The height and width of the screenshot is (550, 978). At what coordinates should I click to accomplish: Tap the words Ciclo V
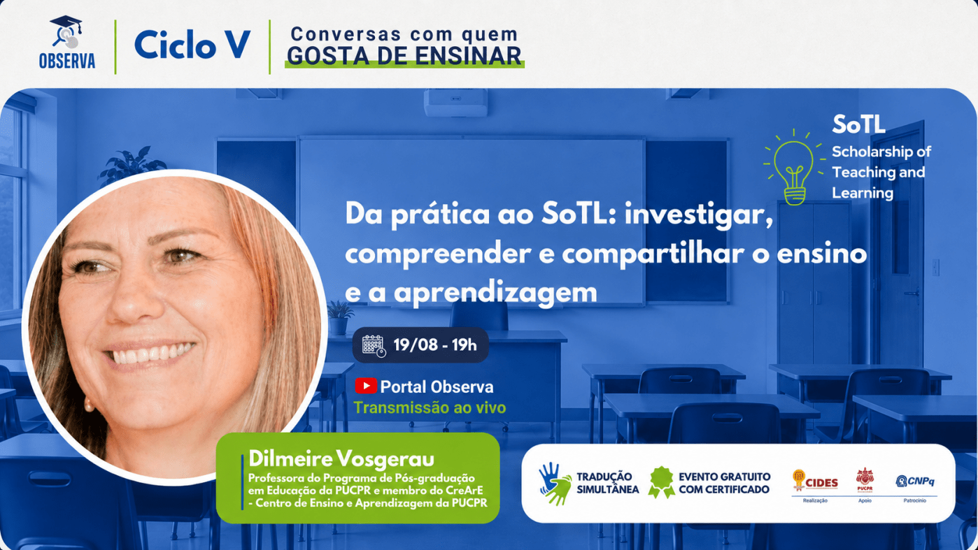pyautogui.click(x=192, y=45)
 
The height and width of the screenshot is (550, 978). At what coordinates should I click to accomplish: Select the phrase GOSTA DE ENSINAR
pyautogui.click(x=404, y=57)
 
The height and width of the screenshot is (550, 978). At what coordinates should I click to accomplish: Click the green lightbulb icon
pyautogui.click(x=794, y=167)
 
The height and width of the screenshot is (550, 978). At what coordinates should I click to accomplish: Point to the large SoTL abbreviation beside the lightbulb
pyautogui.click(x=858, y=124)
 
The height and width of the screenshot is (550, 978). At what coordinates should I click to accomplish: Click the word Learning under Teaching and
pyautogui.click(x=863, y=193)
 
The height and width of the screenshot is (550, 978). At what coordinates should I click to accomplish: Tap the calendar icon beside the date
pyautogui.click(x=374, y=346)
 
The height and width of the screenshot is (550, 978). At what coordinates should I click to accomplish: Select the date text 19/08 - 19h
pyautogui.click(x=435, y=345)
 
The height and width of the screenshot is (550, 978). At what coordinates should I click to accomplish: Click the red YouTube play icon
pyautogui.click(x=366, y=386)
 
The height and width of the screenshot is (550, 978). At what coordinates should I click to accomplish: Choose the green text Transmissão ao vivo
pyautogui.click(x=430, y=408)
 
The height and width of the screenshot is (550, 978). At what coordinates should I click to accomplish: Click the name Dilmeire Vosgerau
pyautogui.click(x=341, y=459)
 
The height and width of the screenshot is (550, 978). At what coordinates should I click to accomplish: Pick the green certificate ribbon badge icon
pyautogui.click(x=661, y=482)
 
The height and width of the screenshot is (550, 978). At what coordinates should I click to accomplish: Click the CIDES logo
pyautogui.click(x=815, y=481)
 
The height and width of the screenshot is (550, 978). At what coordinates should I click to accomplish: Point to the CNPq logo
pyautogui.click(x=915, y=481)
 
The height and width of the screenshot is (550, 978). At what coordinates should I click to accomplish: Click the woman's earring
pyautogui.click(x=89, y=405)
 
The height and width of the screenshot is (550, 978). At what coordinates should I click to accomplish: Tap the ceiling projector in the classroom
pyautogui.click(x=455, y=103)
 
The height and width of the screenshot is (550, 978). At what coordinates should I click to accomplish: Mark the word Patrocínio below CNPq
pyautogui.click(x=915, y=500)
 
